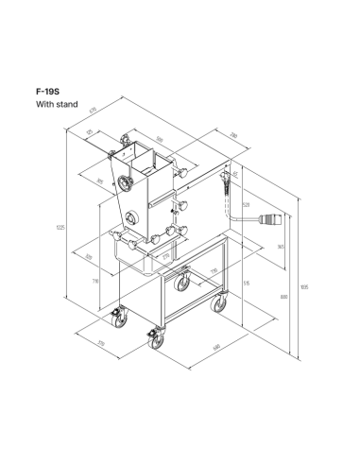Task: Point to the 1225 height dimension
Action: coord(60,227)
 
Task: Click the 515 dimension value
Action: coord(246,282)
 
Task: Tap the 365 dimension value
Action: coord(281,247)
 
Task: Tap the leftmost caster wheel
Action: coord(120,319)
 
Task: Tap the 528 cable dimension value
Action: coord(246,204)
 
